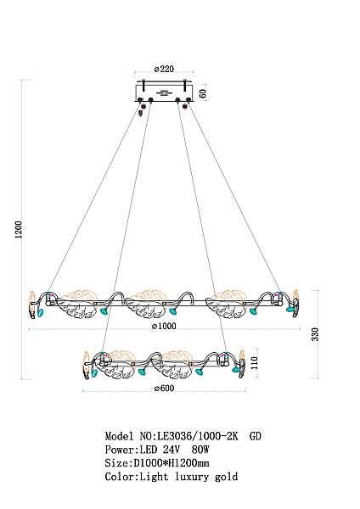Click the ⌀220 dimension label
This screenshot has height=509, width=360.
pyautogui.click(x=164, y=69)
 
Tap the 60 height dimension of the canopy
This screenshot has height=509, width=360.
pyautogui.click(x=202, y=93)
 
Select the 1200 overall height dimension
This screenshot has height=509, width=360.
pyautogui.click(x=19, y=230)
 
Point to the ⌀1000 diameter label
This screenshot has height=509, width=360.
pyautogui.click(x=164, y=326)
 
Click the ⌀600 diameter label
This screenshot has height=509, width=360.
pyautogui.click(x=164, y=388)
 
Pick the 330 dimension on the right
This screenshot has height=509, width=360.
pyautogui.click(x=315, y=334)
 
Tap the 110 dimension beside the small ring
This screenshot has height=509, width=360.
pyautogui.click(x=254, y=362)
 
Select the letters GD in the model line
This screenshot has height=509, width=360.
pyautogui.click(x=255, y=436)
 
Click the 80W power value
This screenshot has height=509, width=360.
pyautogui.click(x=200, y=450)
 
